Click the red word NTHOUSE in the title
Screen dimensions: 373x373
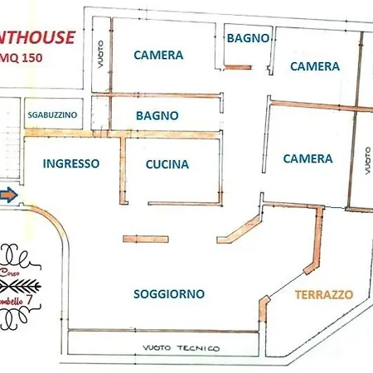pos(38,36)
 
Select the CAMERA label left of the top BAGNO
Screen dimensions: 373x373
pos(157,56)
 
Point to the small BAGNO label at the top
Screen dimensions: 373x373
pos(247,37)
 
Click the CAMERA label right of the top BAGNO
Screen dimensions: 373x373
pos(314,65)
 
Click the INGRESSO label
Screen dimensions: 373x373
pos(71,163)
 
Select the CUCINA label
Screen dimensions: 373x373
pos(167,164)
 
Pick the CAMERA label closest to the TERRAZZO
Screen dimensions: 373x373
pos(308,158)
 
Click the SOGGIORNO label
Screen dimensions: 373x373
pos(169,293)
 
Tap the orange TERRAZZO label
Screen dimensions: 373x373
pos(325,294)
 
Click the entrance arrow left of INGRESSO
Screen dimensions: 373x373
pos(7,196)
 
